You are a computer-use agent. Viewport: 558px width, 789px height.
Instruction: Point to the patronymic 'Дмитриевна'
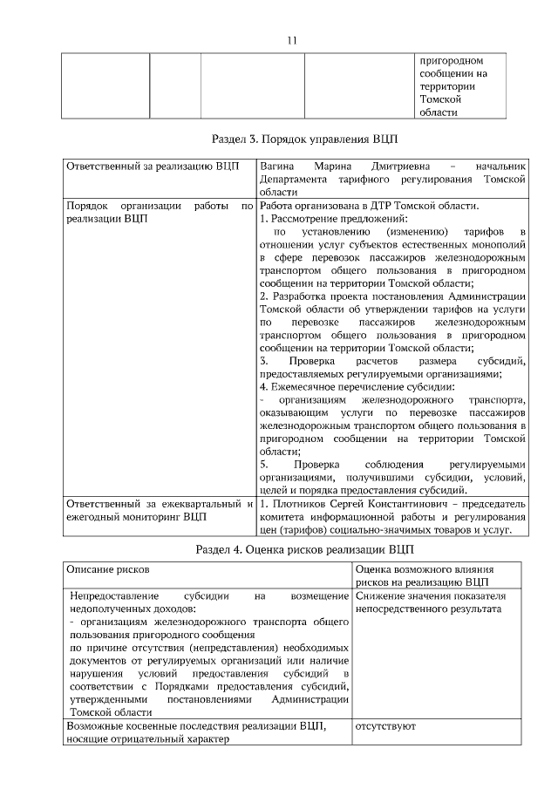[x=400, y=166]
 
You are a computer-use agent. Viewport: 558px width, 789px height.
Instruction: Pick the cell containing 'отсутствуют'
[x=385, y=725]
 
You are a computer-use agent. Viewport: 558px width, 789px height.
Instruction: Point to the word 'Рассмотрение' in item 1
[x=308, y=219]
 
